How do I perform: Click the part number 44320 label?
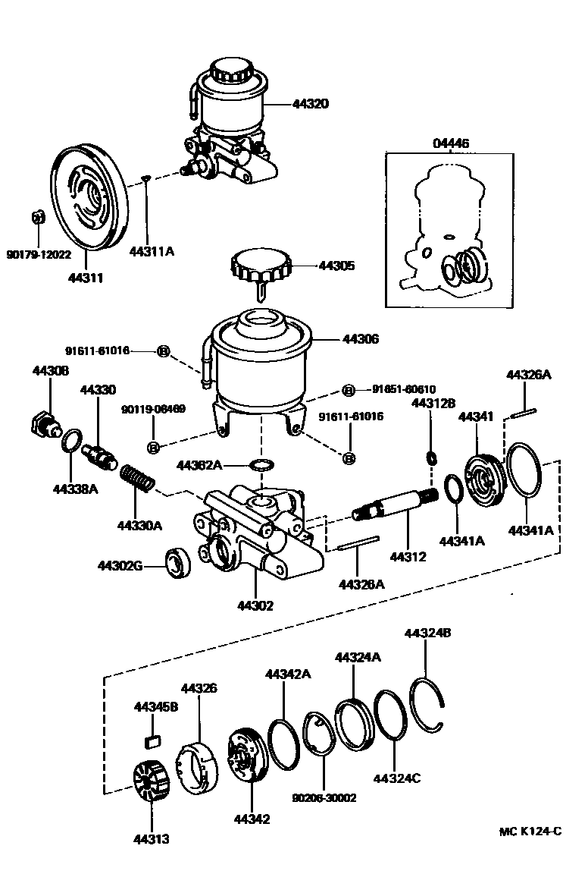point(311,104)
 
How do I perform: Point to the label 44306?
point(361,340)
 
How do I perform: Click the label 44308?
point(51,370)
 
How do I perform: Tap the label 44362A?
point(199,464)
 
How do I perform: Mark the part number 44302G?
point(120,565)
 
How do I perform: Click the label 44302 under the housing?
point(255,605)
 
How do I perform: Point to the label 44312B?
point(433,404)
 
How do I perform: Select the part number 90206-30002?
point(324,798)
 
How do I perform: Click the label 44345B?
point(156,707)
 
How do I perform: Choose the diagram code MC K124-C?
point(530,831)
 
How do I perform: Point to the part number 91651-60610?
point(404,389)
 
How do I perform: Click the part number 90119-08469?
point(153,410)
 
